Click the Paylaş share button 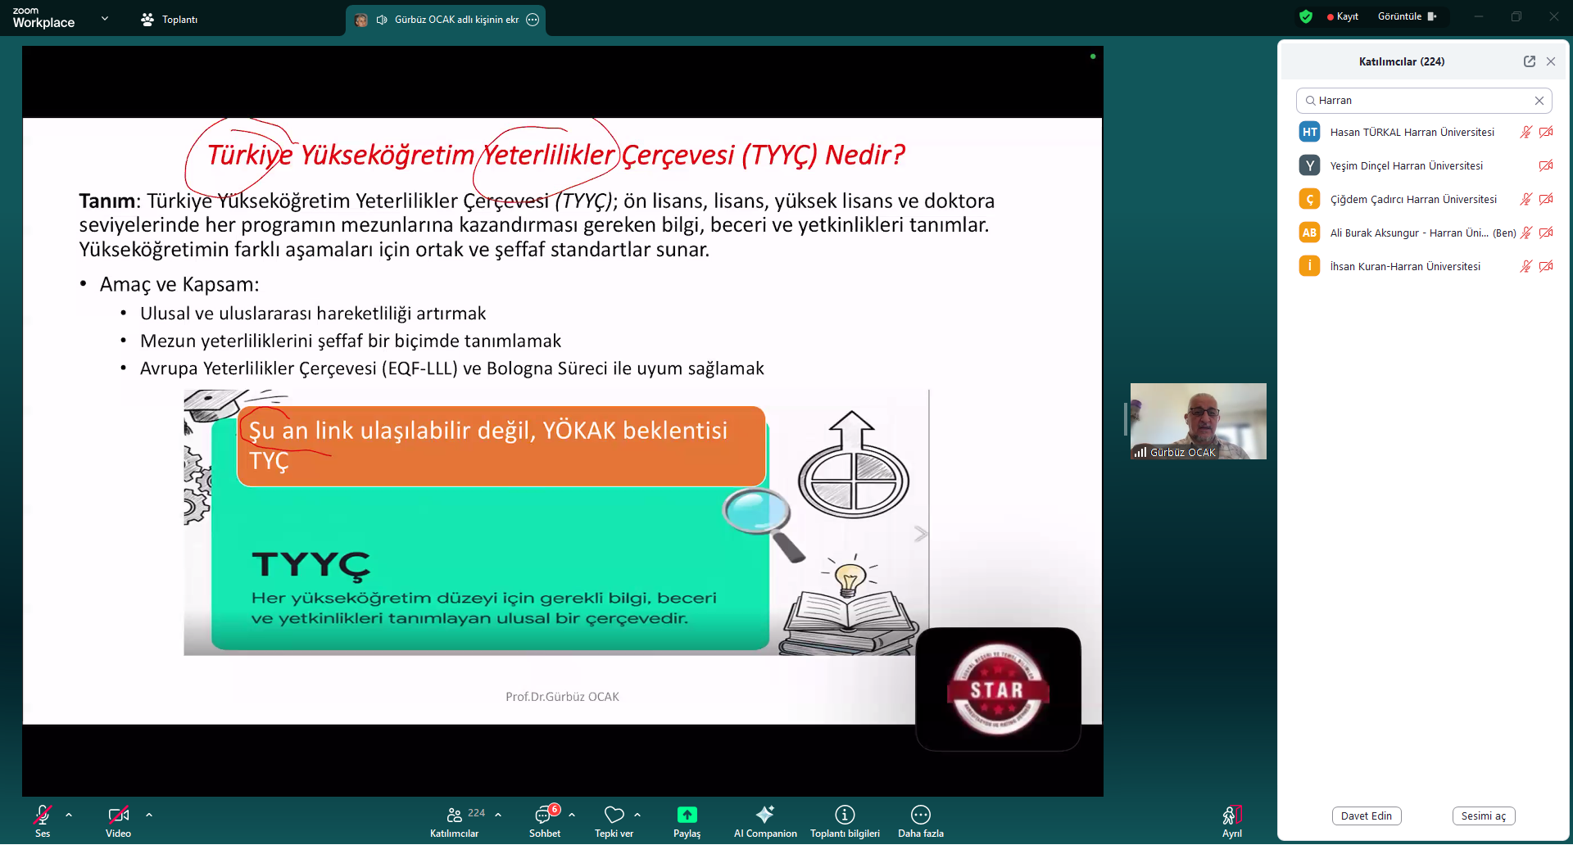point(687,815)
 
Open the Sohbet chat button point(544,815)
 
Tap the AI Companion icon point(765,814)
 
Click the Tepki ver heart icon point(614,815)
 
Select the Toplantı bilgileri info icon point(845,815)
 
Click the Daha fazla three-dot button point(921,815)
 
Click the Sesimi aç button point(1484,816)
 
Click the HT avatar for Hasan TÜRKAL point(1310,132)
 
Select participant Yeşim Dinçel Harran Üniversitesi point(1406,166)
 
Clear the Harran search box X point(1539,101)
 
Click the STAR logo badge point(998,689)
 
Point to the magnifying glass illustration point(764,523)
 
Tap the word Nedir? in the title point(865,155)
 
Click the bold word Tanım point(107,201)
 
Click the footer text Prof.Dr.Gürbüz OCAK point(562,697)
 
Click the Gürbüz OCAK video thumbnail point(1199,421)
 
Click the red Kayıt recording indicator point(1343,16)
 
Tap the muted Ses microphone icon point(43,815)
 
